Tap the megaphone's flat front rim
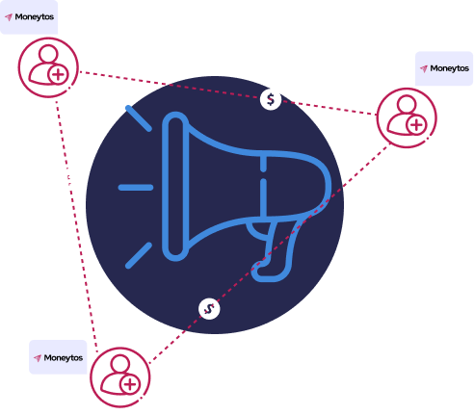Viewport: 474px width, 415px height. tap(175, 186)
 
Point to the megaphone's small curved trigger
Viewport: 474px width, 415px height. tap(259, 230)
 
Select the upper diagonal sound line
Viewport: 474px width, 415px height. tap(139, 118)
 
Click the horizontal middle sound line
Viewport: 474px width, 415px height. tap(136, 188)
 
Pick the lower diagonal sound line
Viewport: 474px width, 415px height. tap(139, 255)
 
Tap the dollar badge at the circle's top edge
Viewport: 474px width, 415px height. tap(271, 99)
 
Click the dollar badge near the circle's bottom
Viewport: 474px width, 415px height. tap(209, 309)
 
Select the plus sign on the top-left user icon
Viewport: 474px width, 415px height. tap(58, 75)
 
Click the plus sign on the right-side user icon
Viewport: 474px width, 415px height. tap(416, 125)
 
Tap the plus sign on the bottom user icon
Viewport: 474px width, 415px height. tap(130, 384)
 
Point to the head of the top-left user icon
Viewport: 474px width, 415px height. tap(48, 54)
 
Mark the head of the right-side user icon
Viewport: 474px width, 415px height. tap(407, 104)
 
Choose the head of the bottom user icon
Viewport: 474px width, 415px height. tap(119, 364)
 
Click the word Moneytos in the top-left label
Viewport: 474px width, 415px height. tap(35, 17)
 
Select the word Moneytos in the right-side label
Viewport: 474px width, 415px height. tap(450, 68)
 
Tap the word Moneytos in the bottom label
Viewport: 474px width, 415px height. tap(64, 357)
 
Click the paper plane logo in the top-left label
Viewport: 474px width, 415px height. tap(9, 17)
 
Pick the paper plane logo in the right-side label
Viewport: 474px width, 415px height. tap(424, 68)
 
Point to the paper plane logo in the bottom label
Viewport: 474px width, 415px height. tap(38, 358)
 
